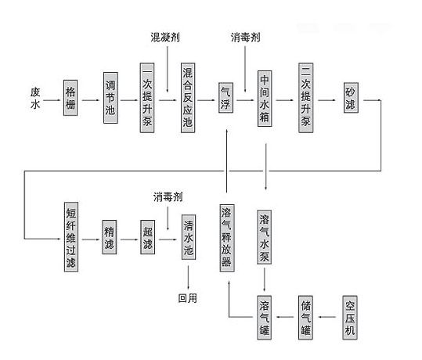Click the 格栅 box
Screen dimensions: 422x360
(x=70, y=98)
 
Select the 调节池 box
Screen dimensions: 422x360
(x=110, y=98)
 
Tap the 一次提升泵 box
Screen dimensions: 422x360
(x=147, y=98)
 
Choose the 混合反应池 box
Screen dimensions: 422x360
(x=188, y=98)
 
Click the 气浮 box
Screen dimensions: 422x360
(x=225, y=98)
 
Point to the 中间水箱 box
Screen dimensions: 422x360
(x=265, y=99)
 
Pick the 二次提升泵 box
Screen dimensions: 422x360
(x=305, y=98)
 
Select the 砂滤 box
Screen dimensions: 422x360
(x=351, y=98)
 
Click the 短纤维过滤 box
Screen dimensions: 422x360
(x=71, y=237)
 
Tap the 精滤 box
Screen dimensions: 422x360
(x=110, y=237)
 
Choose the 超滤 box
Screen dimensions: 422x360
(x=147, y=237)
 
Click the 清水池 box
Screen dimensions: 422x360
(x=189, y=237)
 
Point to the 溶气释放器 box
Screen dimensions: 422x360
(x=227, y=238)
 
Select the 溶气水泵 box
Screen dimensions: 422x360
(x=265, y=237)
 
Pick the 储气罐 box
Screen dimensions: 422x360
(x=305, y=318)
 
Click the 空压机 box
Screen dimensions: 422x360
(x=350, y=318)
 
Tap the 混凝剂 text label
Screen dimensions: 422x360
(x=165, y=37)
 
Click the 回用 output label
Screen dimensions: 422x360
(x=188, y=298)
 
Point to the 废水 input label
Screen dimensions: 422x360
(x=35, y=98)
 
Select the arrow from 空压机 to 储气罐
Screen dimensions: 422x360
(x=327, y=317)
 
